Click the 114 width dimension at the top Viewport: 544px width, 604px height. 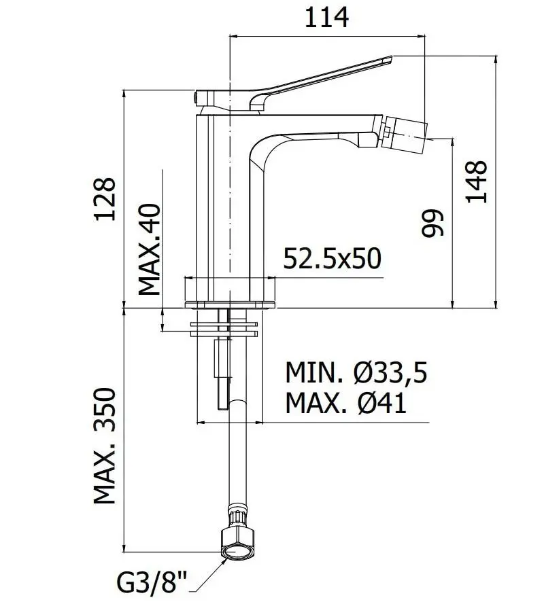(x=326, y=17)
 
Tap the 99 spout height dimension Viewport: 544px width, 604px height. (x=432, y=223)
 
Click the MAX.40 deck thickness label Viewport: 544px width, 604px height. (x=150, y=248)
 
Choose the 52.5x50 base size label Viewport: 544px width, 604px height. (x=332, y=259)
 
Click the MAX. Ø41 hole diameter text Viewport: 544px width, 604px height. (x=345, y=404)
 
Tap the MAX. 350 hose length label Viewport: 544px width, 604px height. (x=105, y=446)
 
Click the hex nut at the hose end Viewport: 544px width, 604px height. (x=239, y=541)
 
